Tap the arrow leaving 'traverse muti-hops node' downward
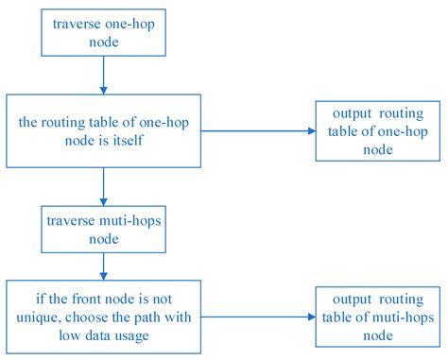[102, 266]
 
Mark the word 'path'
[167, 317]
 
